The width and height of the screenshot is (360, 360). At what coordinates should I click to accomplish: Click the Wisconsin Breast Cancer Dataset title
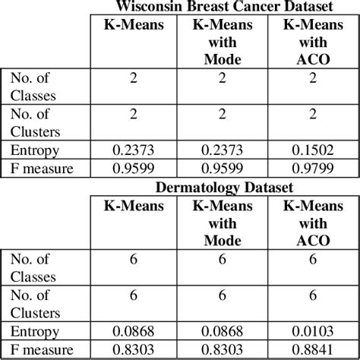(224, 8)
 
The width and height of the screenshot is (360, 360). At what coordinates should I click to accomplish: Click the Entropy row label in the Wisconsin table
(31, 151)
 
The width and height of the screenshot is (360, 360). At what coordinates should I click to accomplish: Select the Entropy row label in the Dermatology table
(31, 331)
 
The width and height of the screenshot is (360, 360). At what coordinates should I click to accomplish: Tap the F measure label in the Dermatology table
(42, 349)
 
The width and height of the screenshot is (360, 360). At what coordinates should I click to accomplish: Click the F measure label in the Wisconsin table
(42, 169)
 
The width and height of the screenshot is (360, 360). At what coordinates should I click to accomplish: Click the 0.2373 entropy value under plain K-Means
(133, 151)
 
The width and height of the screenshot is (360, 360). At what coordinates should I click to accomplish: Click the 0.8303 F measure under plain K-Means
(133, 349)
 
